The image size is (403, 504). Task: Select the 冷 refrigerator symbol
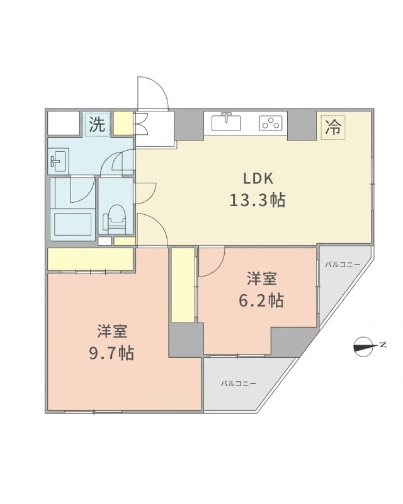(333, 128)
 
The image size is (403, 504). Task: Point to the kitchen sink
(227, 122)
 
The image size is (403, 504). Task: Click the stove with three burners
(271, 123)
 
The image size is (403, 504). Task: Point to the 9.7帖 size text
(111, 353)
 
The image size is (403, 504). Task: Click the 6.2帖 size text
(261, 301)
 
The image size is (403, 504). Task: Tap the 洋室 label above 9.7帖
(112, 331)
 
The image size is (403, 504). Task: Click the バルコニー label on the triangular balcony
(343, 265)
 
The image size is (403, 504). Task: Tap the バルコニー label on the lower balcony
(238, 383)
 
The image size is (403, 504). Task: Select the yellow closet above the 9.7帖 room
(91, 259)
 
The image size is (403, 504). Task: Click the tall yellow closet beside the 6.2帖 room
(183, 285)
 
